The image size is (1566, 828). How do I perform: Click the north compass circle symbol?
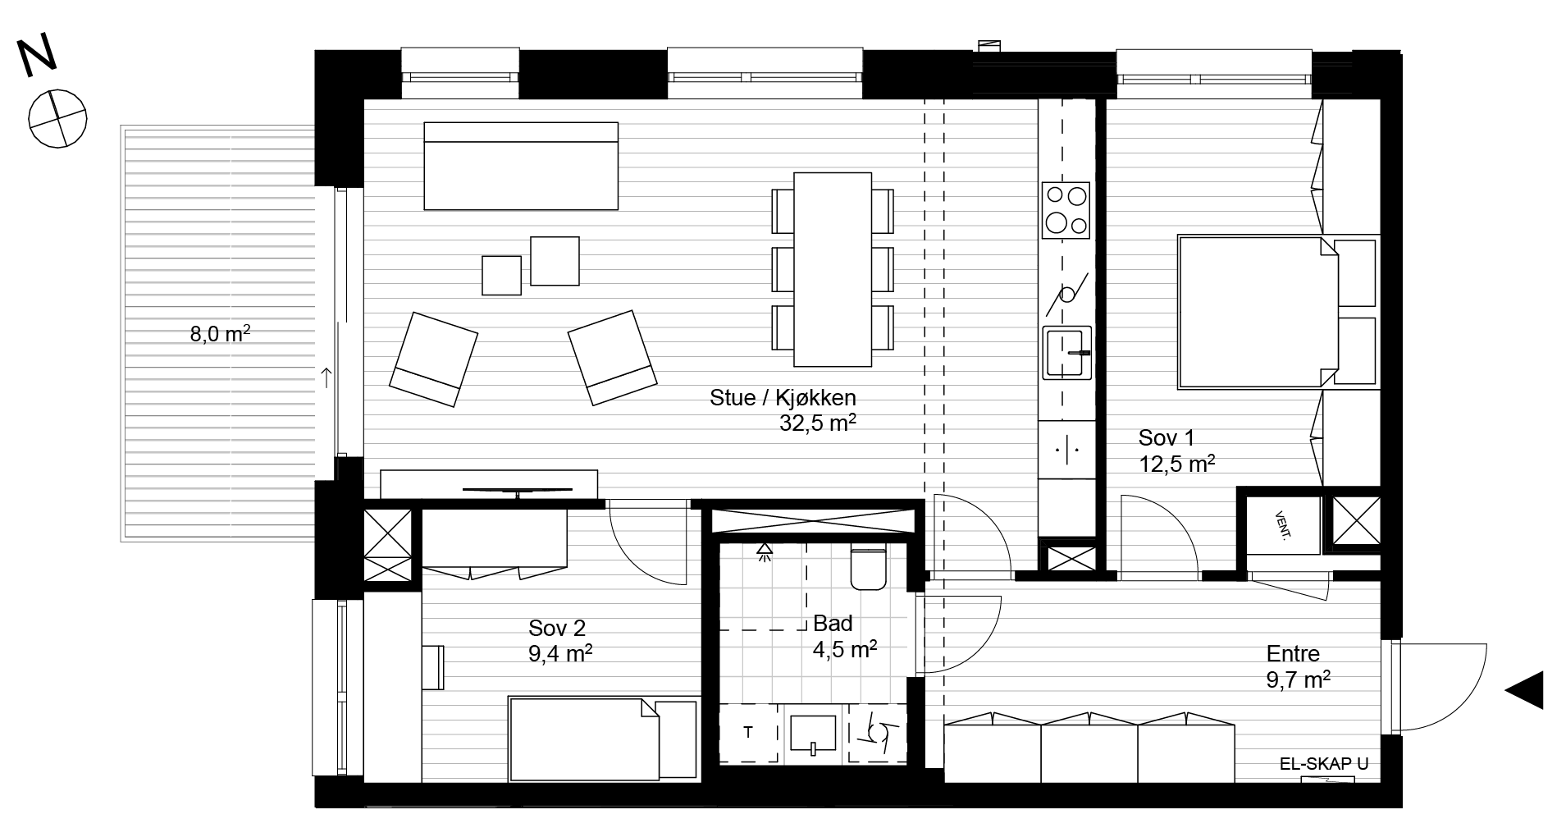pos(57,119)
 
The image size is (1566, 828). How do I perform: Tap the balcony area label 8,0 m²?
pos(220,334)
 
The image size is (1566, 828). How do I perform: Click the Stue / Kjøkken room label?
pos(783,398)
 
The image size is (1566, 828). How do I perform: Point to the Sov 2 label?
pos(557,629)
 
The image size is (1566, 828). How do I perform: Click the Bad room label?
pos(833,624)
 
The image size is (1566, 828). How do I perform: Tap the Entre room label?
pos(1294,654)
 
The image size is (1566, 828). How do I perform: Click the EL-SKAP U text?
pos(1324,764)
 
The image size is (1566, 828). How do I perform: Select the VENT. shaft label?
pos(1281,526)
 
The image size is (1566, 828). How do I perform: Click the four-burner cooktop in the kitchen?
pos(1066,211)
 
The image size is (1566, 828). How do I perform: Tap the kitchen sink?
pos(1067,353)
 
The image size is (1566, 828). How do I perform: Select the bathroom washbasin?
pos(812,734)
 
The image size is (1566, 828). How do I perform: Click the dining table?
pos(832,269)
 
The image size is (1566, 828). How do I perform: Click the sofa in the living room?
pos(521,166)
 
